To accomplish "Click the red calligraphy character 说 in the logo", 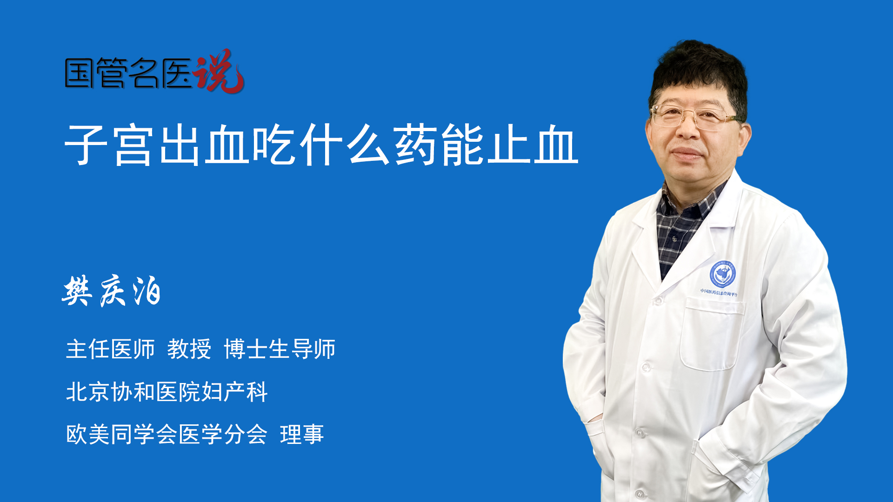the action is point(219,71).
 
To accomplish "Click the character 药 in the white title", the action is point(415,145).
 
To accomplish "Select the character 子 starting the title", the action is point(86,145).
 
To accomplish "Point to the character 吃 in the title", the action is point(274,145).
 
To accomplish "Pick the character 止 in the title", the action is point(509,145).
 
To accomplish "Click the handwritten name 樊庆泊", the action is point(112,291).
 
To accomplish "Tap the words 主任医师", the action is point(110,349).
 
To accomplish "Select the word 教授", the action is point(189,349).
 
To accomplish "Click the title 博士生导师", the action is point(280,349).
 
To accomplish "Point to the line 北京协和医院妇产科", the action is point(167,392).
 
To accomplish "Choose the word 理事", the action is point(302,435).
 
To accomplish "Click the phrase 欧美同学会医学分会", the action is point(167,435).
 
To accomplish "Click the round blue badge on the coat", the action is point(722,274).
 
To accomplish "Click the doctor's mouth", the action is point(686,153).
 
